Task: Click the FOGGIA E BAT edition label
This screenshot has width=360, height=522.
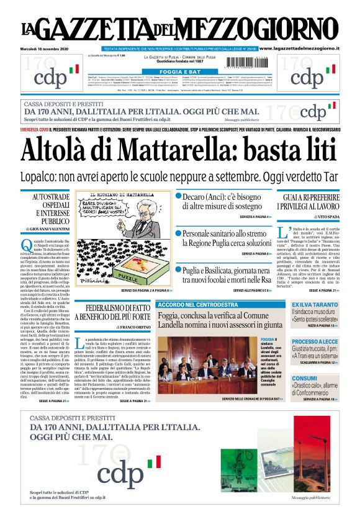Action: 179,71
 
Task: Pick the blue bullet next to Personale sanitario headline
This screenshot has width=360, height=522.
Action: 178,233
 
